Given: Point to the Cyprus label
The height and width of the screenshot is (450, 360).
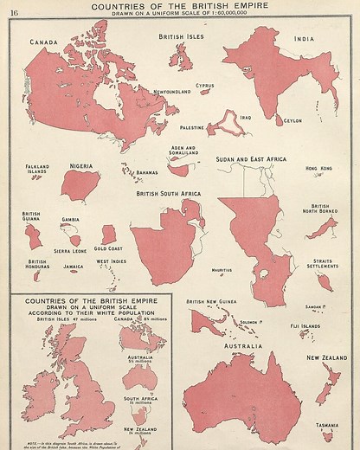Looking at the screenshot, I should (205, 86).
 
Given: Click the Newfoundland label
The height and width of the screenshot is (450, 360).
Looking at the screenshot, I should (172, 92).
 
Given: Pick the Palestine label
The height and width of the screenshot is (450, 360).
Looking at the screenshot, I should (192, 127).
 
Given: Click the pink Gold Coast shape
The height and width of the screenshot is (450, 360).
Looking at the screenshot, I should (108, 235).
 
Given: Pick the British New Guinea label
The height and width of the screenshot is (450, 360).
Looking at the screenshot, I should (212, 302).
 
